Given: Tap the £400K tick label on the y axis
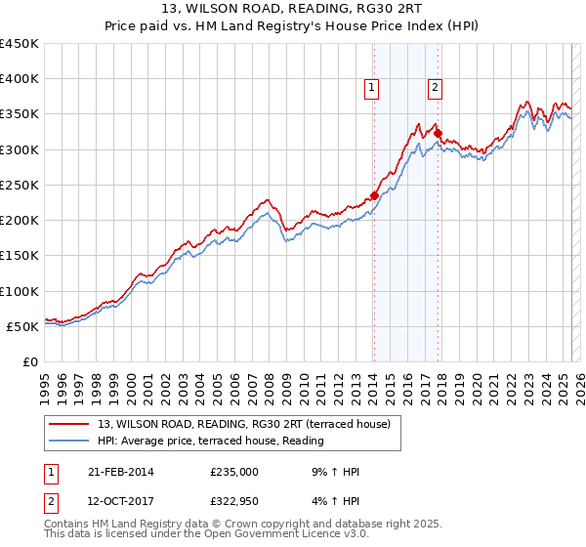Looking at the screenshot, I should (x=20, y=79).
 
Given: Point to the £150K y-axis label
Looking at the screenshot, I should (x=20, y=256).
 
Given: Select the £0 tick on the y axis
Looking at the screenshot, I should (x=31, y=361).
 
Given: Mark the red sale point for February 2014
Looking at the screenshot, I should (x=374, y=195).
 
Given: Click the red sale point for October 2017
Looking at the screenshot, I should (x=438, y=134).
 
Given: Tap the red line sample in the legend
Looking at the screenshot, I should (x=69, y=424).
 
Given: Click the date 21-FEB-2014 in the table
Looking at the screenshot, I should (x=121, y=472).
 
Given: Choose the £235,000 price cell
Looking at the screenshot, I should (x=233, y=472).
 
